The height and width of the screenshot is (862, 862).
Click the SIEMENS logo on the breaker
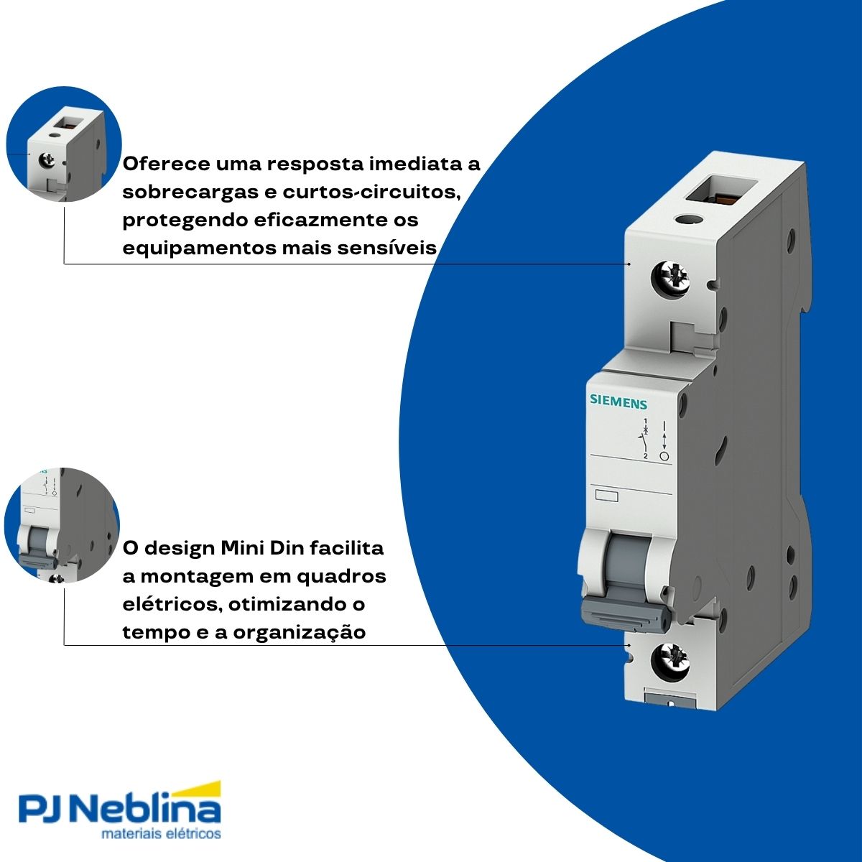click(618, 402)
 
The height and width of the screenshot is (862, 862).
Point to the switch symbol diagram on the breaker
click(653, 437)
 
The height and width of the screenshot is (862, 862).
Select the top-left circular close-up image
click(63, 144)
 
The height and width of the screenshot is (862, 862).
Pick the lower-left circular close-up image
click(62, 524)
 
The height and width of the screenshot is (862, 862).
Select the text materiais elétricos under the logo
click(161, 835)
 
